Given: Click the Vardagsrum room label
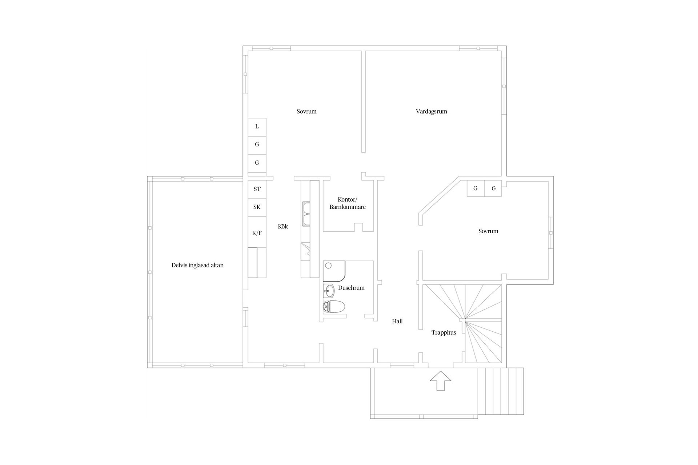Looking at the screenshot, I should [431, 112].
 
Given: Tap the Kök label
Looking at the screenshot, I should [283, 227].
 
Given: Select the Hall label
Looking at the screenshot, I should [397, 322].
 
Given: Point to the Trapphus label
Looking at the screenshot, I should [444, 333].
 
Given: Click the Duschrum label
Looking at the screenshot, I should [351, 288].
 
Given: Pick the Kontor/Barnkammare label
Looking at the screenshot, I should [348, 203].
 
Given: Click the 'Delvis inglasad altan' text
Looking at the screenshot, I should [197, 266].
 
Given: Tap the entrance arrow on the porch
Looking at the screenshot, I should [440, 381].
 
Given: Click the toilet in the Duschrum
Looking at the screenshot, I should [334, 307].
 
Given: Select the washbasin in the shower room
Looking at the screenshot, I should [329, 291].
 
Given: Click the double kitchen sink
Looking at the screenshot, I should [306, 214].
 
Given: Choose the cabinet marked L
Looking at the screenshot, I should [257, 127].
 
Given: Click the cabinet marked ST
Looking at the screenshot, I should [257, 189].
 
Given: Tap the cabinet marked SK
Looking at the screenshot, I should [257, 207].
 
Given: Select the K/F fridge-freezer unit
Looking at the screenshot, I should [257, 233].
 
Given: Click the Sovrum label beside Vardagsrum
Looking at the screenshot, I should [306, 112].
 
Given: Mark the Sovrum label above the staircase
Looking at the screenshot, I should [488, 231].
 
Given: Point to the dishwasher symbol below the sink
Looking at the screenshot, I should [305, 251].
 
